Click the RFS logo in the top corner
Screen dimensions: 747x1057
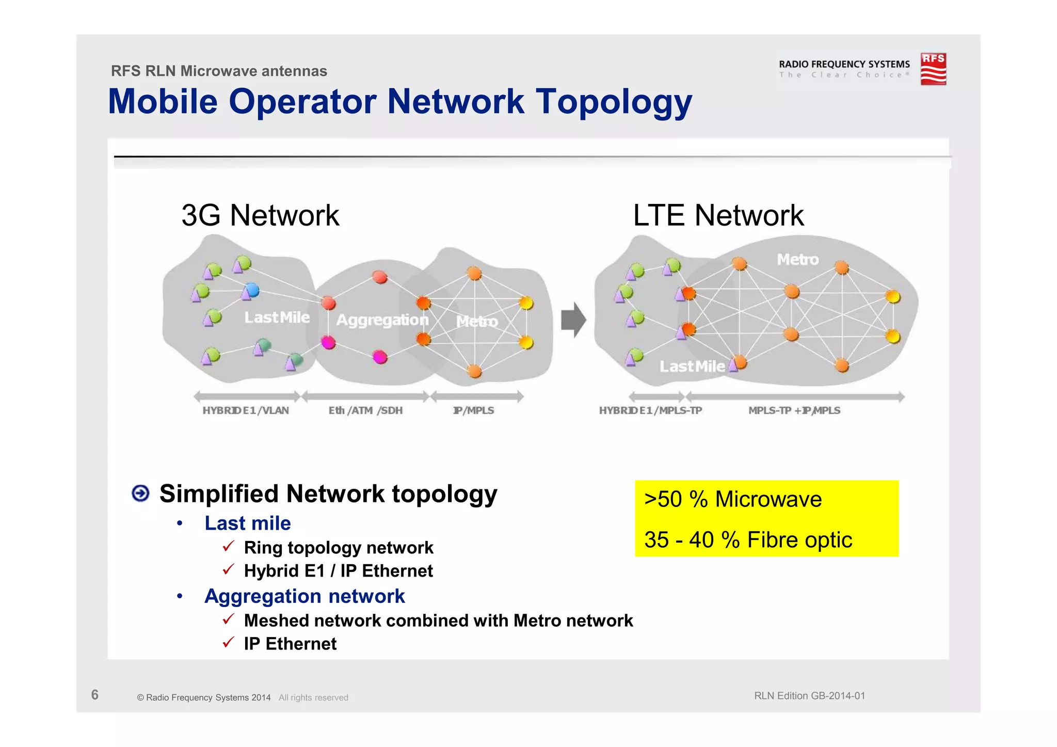(933, 69)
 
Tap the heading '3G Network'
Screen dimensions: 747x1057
(260, 215)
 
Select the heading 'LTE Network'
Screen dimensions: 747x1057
(718, 215)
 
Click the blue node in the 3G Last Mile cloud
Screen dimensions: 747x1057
(251, 290)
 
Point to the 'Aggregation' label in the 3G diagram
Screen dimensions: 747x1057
(382, 320)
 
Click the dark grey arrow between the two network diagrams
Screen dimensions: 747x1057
(573, 320)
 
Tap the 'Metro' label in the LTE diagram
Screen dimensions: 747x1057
(797, 259)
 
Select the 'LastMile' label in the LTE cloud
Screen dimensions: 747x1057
(692, 367)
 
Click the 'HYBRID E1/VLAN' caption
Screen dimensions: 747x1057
(246, 410)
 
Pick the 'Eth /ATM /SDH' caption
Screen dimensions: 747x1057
(365, 410)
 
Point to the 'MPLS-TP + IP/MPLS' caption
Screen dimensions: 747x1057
(794, 410)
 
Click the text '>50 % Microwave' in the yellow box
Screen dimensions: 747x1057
(733, 499)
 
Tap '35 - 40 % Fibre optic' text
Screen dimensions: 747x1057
(748, 540)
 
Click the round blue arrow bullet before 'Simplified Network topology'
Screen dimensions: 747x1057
(140, 494)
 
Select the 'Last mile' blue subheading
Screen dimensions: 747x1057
(248, 523)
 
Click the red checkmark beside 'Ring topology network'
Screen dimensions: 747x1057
(229, 546)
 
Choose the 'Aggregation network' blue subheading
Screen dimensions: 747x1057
(305, 596)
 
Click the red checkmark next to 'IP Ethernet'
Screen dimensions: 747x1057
(229, 643)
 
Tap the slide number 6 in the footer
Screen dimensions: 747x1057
(94, 695)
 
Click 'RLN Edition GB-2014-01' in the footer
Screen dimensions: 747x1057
(809, 696)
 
